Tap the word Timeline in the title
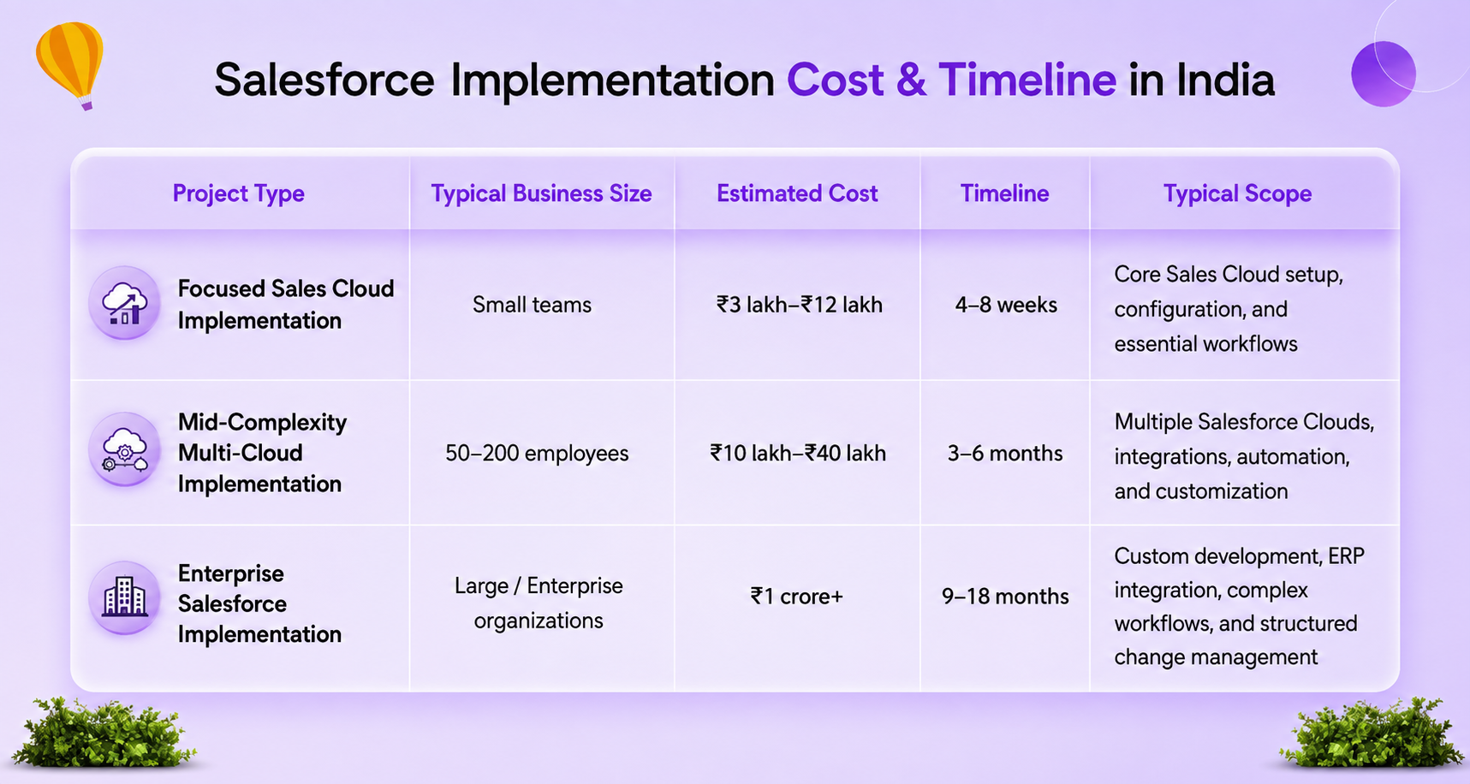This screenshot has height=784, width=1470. (x=1027, y=80)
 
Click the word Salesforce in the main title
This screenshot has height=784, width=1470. (x=324, y=80)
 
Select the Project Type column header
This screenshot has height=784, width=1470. (x=239, y=193)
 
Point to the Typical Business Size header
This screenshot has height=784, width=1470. (x=541, y=193)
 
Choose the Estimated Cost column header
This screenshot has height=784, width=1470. (x=797, y=193)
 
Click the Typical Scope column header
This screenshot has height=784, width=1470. (x=1237, y=193)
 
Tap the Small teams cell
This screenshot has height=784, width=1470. (x=532, y=305)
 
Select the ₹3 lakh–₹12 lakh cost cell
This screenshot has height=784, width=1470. (x=799, y=305)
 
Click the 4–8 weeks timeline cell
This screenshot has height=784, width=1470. (x=1006, y=305)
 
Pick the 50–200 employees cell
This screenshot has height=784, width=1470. (x=537, y=453)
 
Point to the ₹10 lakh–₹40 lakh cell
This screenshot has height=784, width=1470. (x=797, y=453)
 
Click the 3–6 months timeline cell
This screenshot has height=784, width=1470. (x=1005, y=453)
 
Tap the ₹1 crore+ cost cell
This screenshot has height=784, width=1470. (x=796, y=596)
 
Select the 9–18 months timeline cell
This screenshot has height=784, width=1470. (x=1005, y=596)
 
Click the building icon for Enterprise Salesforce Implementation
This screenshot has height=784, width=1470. (x=125, y=597)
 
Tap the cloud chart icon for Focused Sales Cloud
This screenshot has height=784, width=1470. (x=125, y=303)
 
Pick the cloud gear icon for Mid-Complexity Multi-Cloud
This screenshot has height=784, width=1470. (x=125, y=450)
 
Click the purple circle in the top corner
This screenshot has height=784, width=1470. (x=1384, y=74)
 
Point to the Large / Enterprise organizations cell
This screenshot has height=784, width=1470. (x=539, y=603)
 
